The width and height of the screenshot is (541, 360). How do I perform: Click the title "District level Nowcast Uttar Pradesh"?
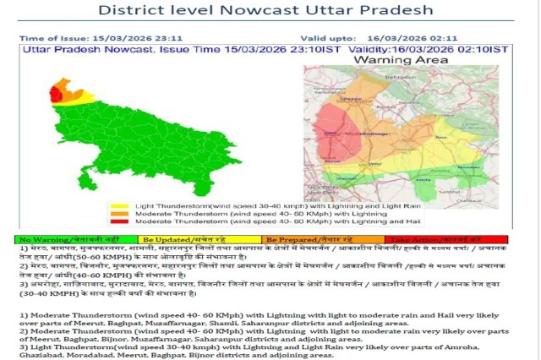click(265, 11)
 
